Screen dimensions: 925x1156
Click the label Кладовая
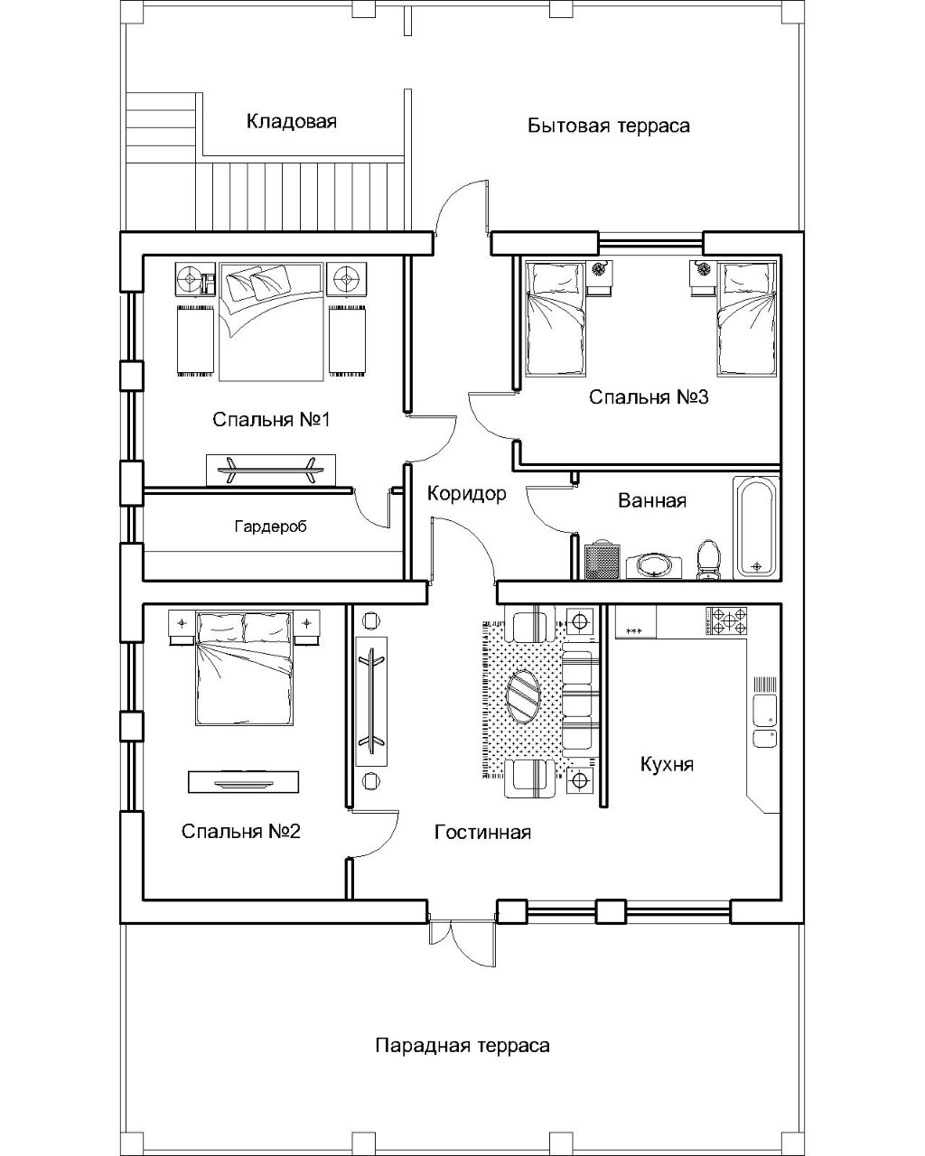pyautogui.click(x=291, y=121)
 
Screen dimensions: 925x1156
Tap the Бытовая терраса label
pyautogui.click(x=609, y=126)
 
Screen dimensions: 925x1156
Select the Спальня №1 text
pyautogui.click(x=271, y=420)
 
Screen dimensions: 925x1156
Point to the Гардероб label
pyautogui.click(x=270, y=527)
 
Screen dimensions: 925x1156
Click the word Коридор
pyautogui.click(x=466, y=493)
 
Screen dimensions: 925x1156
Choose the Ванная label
pyautogui.click(x=652, y=500)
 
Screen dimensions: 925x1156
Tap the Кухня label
pyautogui.click(x=667, y=764)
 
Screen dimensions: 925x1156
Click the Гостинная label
pyautogui.click(x=482, y=832)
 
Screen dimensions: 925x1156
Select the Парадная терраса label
pyautogui.click(x=462, y=1046)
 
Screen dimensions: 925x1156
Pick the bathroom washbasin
pyautogui.click(x=654, y=568)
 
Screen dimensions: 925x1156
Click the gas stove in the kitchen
pyautogui.click(x=726, y=621)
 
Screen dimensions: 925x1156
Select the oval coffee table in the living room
pyautogui.click(x=524, y=696)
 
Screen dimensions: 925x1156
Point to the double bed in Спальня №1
pyautogui.click(x=271, y=322)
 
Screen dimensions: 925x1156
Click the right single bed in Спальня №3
pyautogui.click(x=746, y=319)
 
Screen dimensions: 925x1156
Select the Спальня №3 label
pyautogui.click(x=649, y=397)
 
